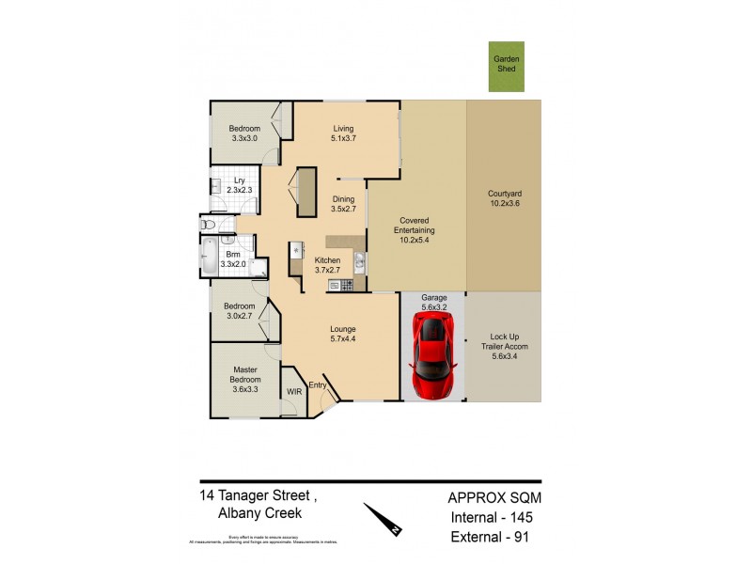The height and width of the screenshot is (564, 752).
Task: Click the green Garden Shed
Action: [507, 67]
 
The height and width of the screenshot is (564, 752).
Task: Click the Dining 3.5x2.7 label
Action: [343, 204]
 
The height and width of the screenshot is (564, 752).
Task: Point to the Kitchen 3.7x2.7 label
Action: [327, 265]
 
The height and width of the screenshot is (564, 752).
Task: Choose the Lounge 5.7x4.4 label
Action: [342, 335]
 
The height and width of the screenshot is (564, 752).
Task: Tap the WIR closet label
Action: [294, 390]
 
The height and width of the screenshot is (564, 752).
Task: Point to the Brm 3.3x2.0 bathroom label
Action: [232, 260]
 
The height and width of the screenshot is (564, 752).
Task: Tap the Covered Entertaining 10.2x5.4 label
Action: [415, 231]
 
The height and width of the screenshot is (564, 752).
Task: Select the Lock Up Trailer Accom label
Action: [505, 345]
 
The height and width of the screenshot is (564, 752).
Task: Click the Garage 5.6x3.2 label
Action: [433, 302]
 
